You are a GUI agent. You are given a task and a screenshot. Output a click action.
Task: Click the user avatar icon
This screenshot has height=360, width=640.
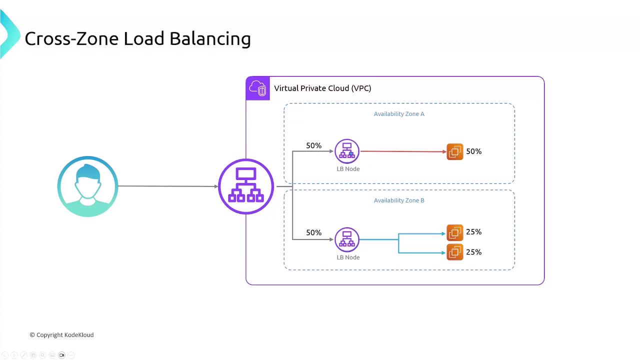tap(87, 186)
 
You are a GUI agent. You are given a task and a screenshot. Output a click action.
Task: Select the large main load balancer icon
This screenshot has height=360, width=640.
tap(246, 186)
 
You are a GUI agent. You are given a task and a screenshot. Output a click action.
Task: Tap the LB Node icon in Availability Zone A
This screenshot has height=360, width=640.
tap(347, 151)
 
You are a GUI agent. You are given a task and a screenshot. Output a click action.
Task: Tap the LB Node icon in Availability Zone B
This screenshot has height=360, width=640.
tap(347, 239)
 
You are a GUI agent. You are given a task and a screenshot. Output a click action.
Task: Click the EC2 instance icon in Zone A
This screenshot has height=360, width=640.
tap(455, 151)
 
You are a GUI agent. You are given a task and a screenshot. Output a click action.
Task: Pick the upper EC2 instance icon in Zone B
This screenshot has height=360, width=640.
tap(455, 233)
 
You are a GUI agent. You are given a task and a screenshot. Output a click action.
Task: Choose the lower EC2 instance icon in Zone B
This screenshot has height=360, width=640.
tap(455, 252)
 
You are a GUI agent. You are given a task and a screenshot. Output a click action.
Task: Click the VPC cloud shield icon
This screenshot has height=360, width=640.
tap(257, 88)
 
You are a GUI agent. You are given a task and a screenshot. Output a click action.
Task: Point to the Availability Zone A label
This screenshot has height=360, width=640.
tap(399, 114)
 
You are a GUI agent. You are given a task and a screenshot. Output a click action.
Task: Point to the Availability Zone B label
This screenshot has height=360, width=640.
tap(399, 200)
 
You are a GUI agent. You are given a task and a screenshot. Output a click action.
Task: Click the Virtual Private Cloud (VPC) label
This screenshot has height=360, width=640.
tap(322, 88)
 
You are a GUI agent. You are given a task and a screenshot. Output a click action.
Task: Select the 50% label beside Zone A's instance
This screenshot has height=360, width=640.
tap(473, 151)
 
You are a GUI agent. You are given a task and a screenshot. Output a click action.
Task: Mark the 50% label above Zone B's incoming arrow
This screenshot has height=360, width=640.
tap(313, 232)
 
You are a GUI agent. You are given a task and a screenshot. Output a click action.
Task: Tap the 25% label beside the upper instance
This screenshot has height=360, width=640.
tap(473, 231)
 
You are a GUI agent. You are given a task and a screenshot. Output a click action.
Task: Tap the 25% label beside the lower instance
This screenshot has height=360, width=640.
tap(473, 252)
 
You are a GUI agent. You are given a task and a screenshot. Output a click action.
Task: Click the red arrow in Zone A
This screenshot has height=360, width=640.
tap(403, 151)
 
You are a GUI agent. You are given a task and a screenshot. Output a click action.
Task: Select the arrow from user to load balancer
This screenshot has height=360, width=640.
tap(168, 186)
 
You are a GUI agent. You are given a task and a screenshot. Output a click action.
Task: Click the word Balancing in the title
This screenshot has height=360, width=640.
tap(210, 39)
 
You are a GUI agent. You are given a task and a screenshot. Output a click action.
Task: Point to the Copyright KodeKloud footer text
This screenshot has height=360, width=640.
tap(61, 335)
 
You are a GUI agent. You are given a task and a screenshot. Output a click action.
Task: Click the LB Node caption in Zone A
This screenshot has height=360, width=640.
tap(348, 169)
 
